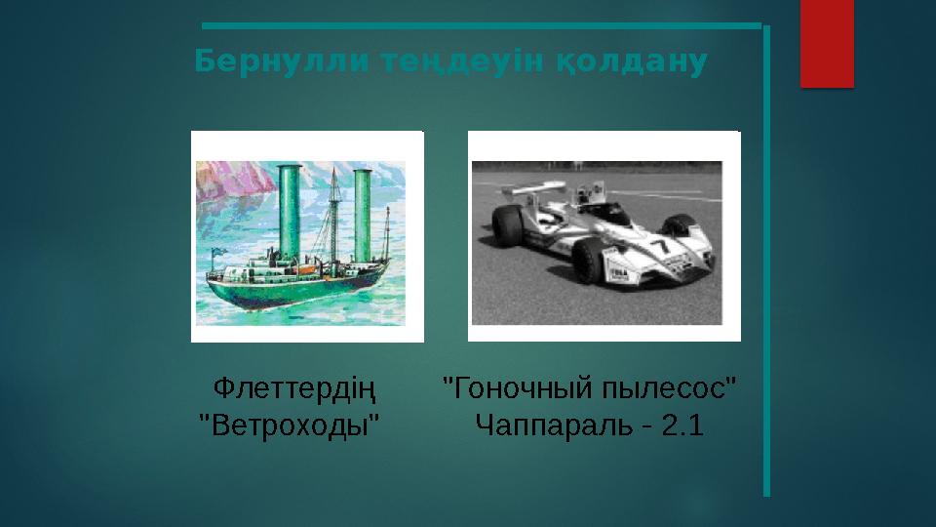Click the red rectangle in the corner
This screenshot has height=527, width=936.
tap(827, 44)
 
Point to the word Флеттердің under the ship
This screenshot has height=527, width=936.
tap(295, 391)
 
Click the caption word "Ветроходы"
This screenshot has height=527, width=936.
tap(289, 426)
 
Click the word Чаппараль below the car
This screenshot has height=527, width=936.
tap(547, 426)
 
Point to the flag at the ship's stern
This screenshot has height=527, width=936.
tap(216, 252)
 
